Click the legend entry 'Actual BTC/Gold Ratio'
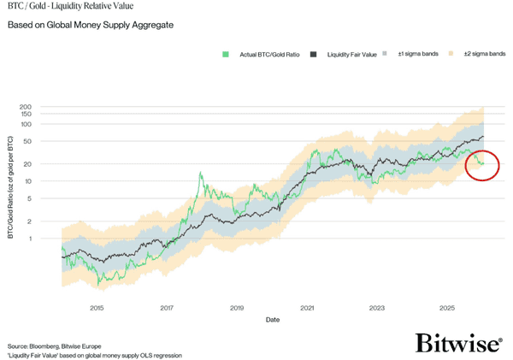click(x=264, y=55)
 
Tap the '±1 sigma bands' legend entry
click(x=418, y=55)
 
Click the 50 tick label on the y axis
click(x=50, y=141)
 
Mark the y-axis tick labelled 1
click(x=52, y=239)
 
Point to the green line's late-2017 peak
click(x=200, y=173)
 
